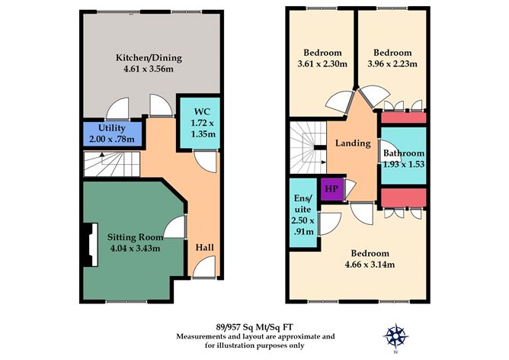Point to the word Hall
coord(204,248)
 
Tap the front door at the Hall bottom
coord(203,268)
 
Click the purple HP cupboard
coord(331,188)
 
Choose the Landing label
coord(353,143)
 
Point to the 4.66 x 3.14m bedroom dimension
coord(370,265)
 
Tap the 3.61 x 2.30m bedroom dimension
coord(321,64)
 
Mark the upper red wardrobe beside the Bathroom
coord(404,118)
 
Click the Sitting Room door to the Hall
coord(179,228)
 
